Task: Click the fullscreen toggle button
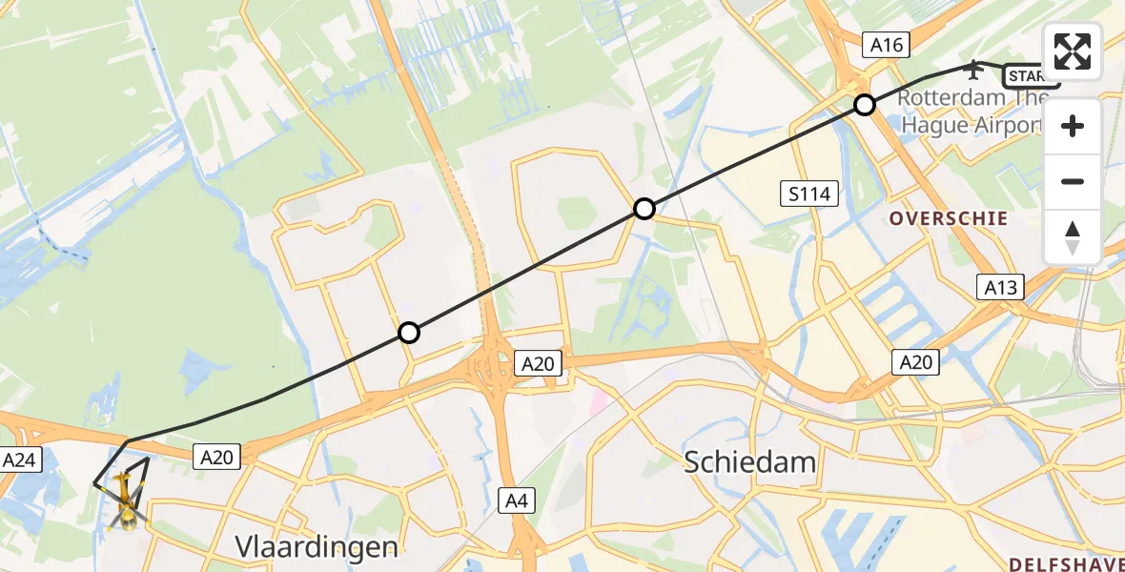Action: pos(1073,51)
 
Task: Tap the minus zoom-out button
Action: pos(1073,181)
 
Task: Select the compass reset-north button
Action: pos(1073,236)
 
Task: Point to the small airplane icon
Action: pos(973,69)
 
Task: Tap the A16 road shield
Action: pos(887,44)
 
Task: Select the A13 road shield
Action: pos(1001,287)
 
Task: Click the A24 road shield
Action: pos(19,460)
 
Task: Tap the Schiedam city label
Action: pos(750,463)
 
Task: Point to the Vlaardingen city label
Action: pos(317,546)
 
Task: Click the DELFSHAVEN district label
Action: pos(1065,563)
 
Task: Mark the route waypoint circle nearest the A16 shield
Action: pos(864,105)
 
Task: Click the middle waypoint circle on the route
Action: pos(644,209)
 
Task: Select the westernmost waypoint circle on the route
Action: pos(408,333)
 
